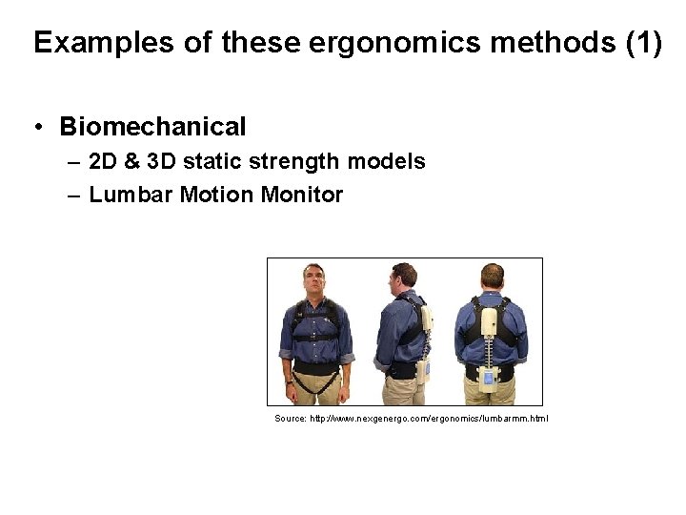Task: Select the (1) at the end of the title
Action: coord(642,43)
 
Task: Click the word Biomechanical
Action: coord(152,127)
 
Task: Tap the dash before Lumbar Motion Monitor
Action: coord(74,196)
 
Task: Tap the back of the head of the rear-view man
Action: coord(492,278)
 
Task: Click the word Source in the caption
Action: coord(289,419)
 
